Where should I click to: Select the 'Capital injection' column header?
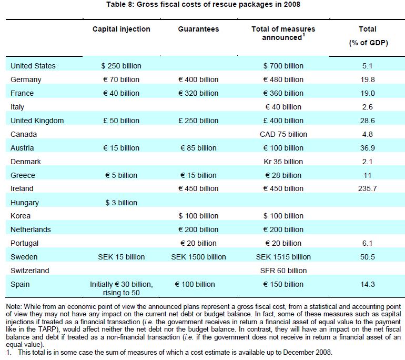(x=121, y=29)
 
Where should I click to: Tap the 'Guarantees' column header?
(x=198, y=29)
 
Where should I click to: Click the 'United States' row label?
(x=33, y=66)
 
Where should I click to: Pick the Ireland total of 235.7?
(x=367, y=188)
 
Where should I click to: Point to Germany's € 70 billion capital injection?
(x=121, y=79)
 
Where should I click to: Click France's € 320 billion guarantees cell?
(x=198, y=93)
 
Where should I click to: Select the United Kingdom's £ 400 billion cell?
(x=283, y=121)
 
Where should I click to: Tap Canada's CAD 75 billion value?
(x=283, y=134)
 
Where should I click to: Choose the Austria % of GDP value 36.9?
(x=367, y=148)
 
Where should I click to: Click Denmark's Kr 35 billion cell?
(x=283, y=162)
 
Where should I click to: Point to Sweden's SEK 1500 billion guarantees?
(x=198, y=257)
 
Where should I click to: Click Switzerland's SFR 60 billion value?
(x=283, y=271)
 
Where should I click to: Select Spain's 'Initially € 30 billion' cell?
(x=121, y=284)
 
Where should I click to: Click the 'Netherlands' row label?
(x=31, y=229)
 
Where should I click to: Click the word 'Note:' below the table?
(x=14, y=306)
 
